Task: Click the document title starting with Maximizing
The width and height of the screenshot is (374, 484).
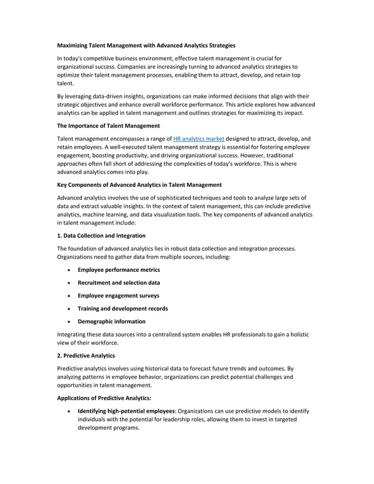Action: pyautogui.click(x=146, y=45)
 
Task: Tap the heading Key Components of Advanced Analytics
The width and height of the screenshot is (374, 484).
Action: pyautogui.click(x=139, y=185)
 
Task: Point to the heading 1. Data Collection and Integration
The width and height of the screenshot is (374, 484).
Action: pyautogui.click(x=101, y=235)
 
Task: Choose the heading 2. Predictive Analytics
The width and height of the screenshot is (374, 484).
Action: pyautogui.click(x=85, y=355)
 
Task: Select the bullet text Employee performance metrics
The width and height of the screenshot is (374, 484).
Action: pyautogui.click(x=118, y=270)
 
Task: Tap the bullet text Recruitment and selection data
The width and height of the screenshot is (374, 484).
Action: pyautogui.click(x=118, y=282)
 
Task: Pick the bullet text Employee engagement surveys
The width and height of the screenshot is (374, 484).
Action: pyautogui.click(x=118, y=295)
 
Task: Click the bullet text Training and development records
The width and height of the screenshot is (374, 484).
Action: pyautogui.click(x=123, y=308)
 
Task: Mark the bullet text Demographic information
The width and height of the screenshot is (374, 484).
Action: pyautogui.click(x=111, y=321)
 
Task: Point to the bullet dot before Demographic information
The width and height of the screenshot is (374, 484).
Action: pyautogui.click(x=70, y=322)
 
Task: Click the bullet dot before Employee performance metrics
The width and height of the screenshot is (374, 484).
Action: pyautogui.click(x=70, y=270)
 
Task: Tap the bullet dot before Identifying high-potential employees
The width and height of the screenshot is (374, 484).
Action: pyautogui.click(x=70, y=411)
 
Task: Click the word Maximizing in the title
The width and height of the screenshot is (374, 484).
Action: pyautogui.click(x=74, y=45)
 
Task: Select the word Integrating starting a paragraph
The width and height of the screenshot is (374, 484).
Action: pyautogui.click(x=72, y=334)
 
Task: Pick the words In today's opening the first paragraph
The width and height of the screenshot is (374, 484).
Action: pyautogui.click(x=71, y=59)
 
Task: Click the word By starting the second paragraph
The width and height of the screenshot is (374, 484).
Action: pyautogui.click(x=60, y=96)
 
